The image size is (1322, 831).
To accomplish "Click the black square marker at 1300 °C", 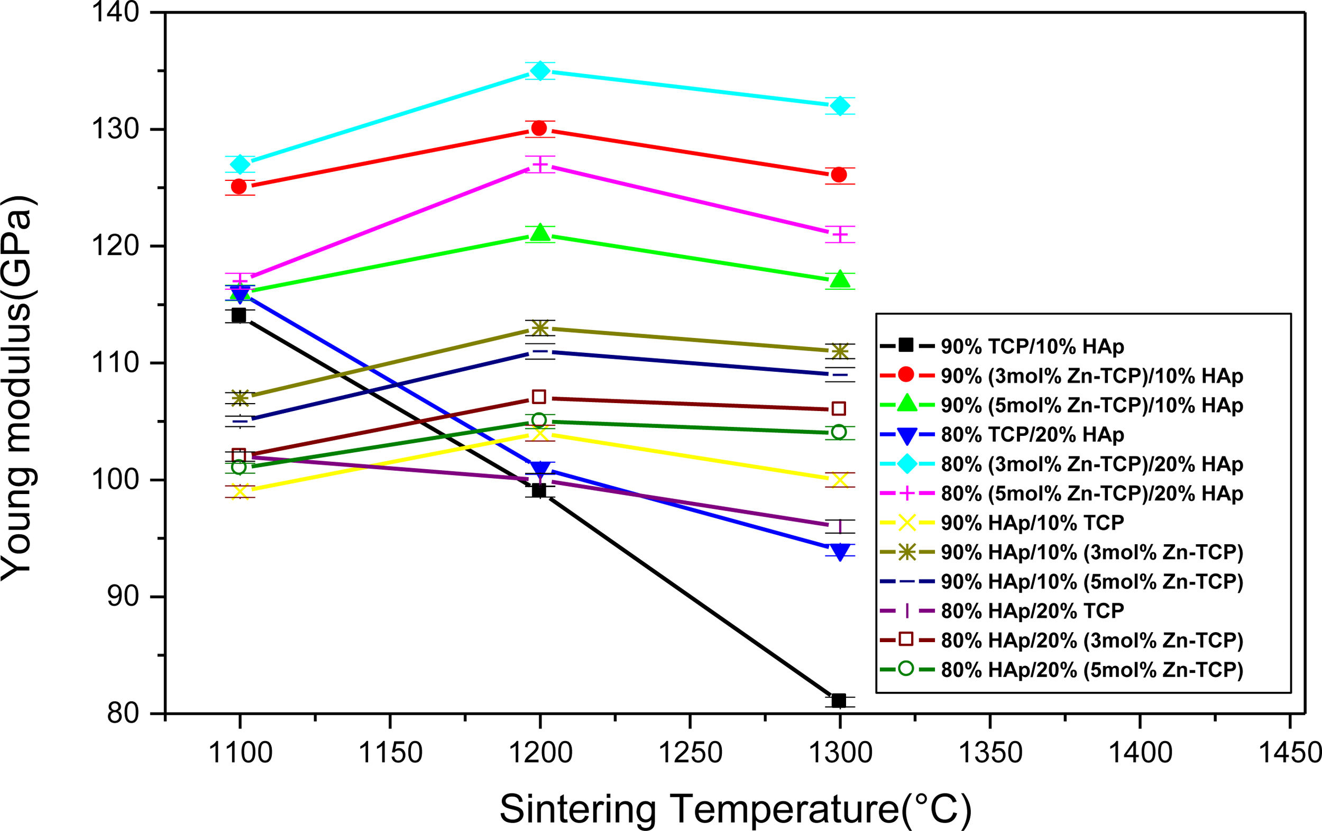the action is coord(839,700).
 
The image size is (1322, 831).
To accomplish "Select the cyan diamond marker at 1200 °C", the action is coord(540,70).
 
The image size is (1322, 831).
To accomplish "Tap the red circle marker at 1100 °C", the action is coord(239,187).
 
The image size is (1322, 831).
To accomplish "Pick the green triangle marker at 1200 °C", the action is coord(540,232).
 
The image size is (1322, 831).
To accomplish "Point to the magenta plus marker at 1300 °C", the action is coord(839,234).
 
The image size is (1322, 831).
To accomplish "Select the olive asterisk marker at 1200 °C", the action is coord(540,328).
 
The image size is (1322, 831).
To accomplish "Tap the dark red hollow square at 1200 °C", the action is coord(539,397).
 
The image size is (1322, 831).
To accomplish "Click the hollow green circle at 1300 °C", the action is coord(838,432).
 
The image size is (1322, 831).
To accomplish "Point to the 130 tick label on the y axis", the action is coord(115,130).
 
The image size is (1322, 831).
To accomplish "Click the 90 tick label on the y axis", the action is coord(124,597).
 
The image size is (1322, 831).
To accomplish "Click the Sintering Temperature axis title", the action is coord(736,808).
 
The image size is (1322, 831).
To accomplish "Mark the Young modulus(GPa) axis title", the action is coord(19,388).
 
